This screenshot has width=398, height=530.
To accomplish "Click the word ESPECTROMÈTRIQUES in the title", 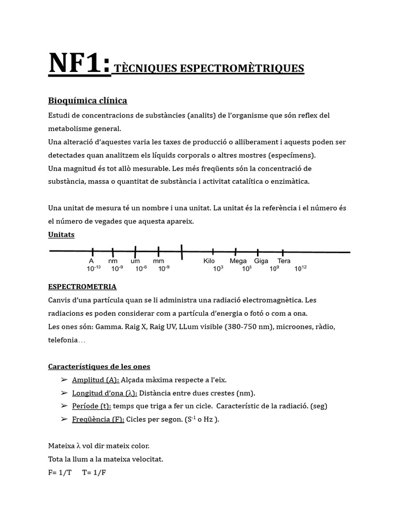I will [x=242, y=69].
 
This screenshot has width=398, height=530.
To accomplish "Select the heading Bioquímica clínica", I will [x=88, y=100].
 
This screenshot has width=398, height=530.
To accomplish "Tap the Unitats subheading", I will [x=61, y=234].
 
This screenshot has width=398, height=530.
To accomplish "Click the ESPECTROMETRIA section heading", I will [x=82, y=286].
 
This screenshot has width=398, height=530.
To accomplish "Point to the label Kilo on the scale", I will [x=209, y=261].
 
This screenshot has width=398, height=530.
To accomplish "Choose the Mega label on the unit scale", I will [x=238, y=261].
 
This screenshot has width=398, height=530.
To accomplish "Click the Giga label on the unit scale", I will [x=261, y=261].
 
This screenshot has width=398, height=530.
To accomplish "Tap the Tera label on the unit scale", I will [x=284, y=261].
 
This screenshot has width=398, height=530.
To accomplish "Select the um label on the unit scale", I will [x=135, y=261].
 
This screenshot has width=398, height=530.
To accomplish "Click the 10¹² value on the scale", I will [x=301, y=269].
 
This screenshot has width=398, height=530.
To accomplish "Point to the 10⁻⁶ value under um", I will [x=140, y=269].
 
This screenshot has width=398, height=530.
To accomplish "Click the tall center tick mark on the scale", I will [x=182, y=252].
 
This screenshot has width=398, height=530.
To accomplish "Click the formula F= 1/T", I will [x=61, y=473].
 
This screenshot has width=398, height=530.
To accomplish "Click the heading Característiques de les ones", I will [x=99, y=366].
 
